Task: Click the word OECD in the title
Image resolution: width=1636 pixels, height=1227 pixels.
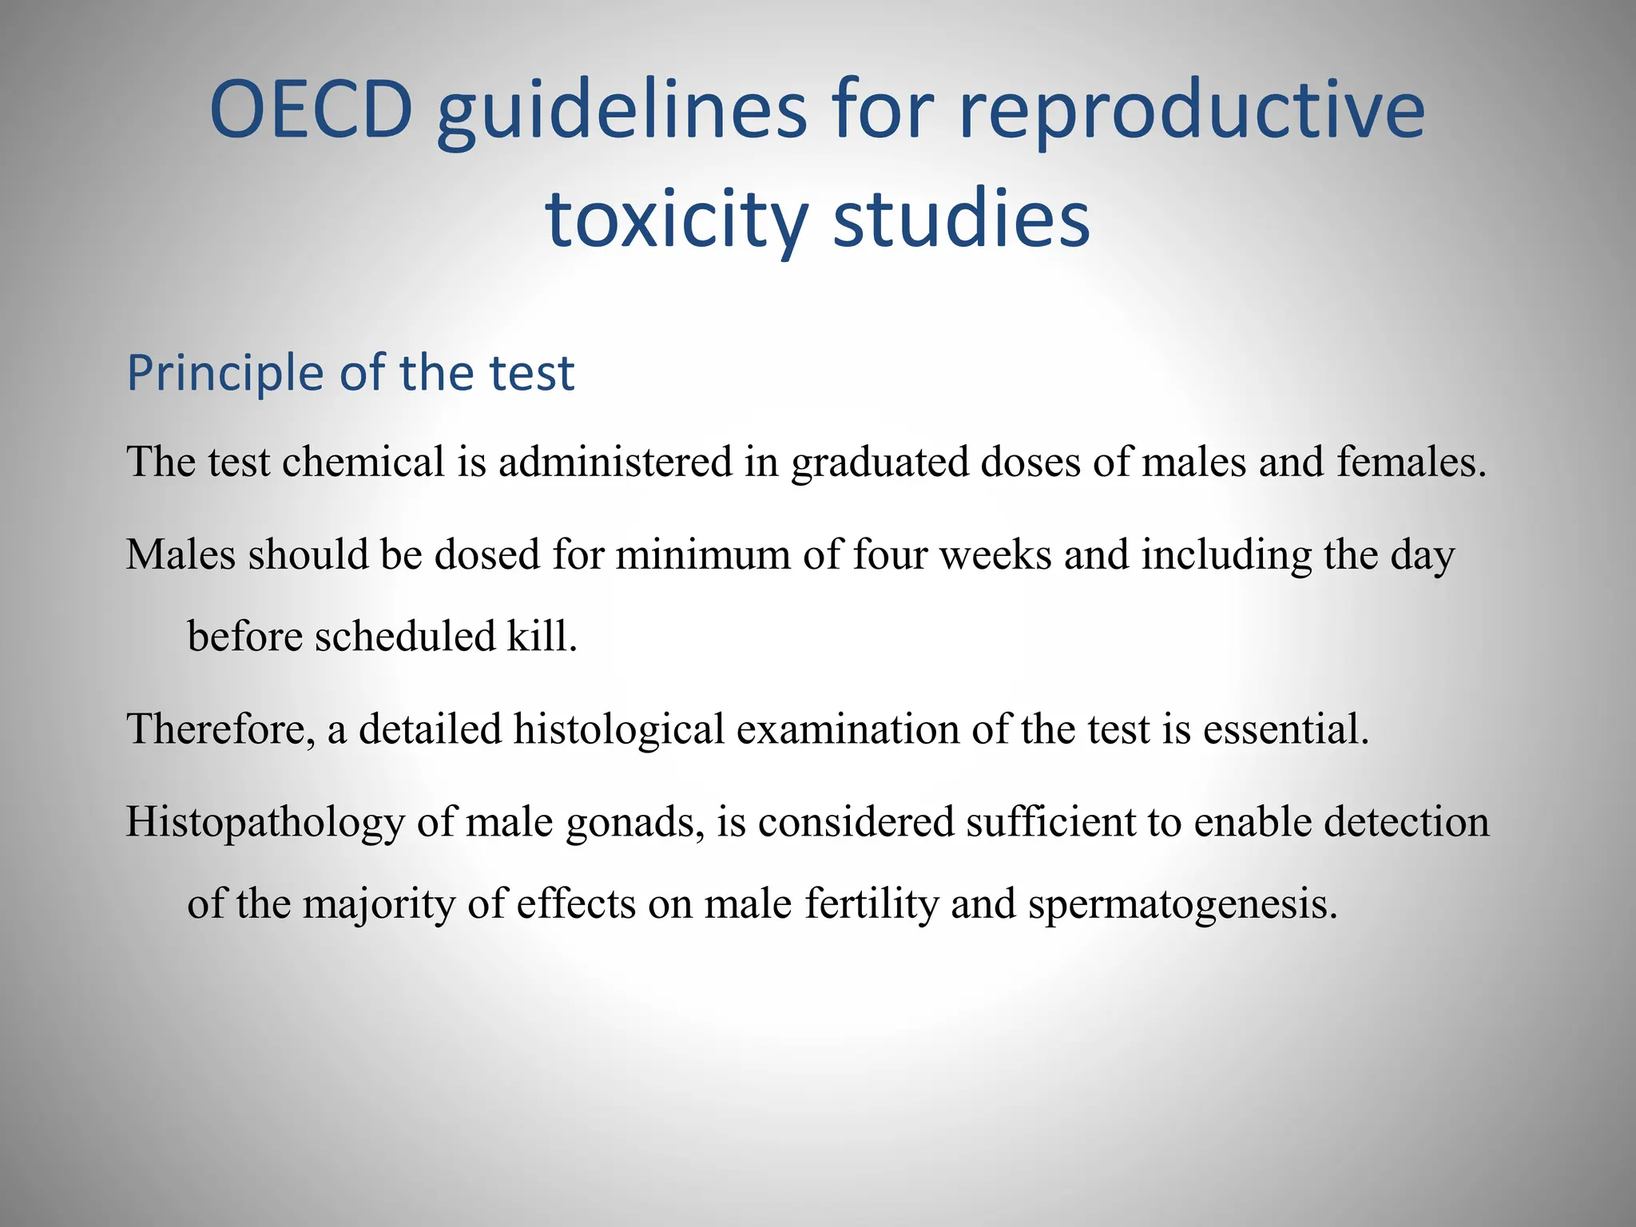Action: [311, 110]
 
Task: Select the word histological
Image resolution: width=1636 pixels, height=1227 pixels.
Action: [618, 730]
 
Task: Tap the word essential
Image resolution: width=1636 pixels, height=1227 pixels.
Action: [1286, 729]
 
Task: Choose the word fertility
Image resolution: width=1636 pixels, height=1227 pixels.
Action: [872, 904]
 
